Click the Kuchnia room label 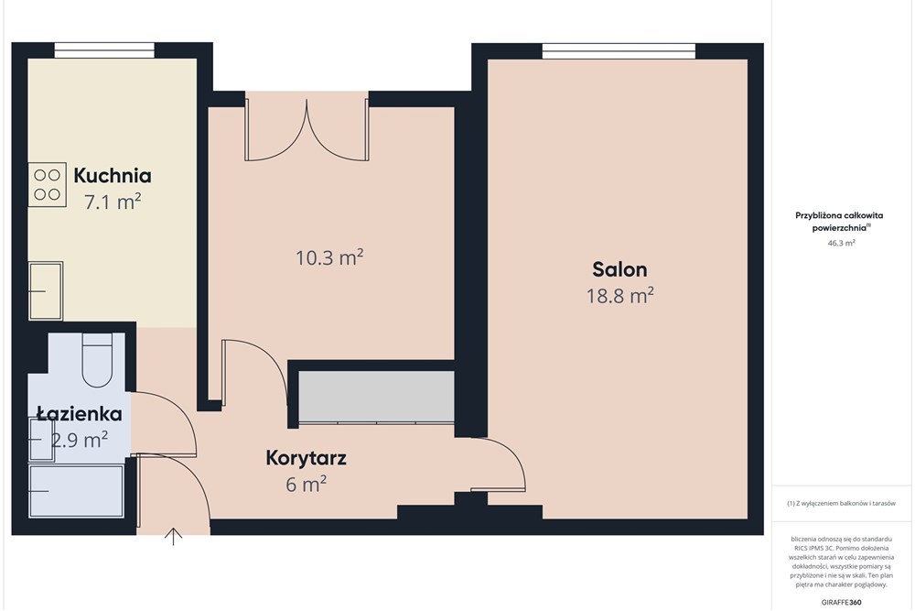(113, 176)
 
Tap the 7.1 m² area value (113, 202)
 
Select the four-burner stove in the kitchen (47, 184)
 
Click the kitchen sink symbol (45, 290)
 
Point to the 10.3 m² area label (329, 257)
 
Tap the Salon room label (619, 269)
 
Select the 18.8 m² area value (619, 295)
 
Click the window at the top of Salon (618, 50)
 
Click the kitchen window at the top (104, 50)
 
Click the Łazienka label (79, 415)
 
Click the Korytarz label (306, 457)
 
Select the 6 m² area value (306, 485)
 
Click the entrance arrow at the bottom (172, 536)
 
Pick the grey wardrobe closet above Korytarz (375, 396)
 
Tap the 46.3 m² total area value (841, 244)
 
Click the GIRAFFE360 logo (842, 602)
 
